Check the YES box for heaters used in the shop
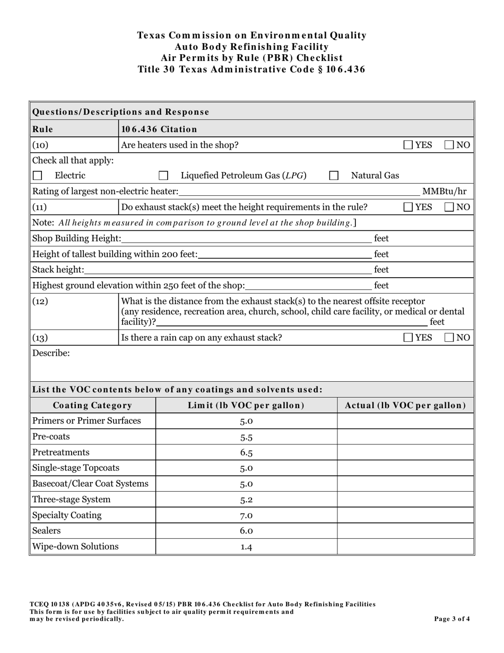[x=409, y=145]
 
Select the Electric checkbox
[x=37, y=176]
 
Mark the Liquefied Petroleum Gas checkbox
[x=164, y=176]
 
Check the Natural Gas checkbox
[x=334, y=176]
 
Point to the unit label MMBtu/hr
[x=444, y=192]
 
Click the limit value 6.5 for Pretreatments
[x=246, y=453]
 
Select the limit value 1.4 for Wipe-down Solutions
[x=246, y=547]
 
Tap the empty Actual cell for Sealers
[x=405, y=531]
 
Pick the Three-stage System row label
[x=72, y=500]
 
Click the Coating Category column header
[x=92, y=406]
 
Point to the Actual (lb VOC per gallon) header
[x=405, y=406]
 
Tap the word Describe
[x=51, y=353]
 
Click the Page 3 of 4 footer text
[x=451, y=618]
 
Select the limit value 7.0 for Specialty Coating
[x=246, y=515]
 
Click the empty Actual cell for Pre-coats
[x=405, y=437]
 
